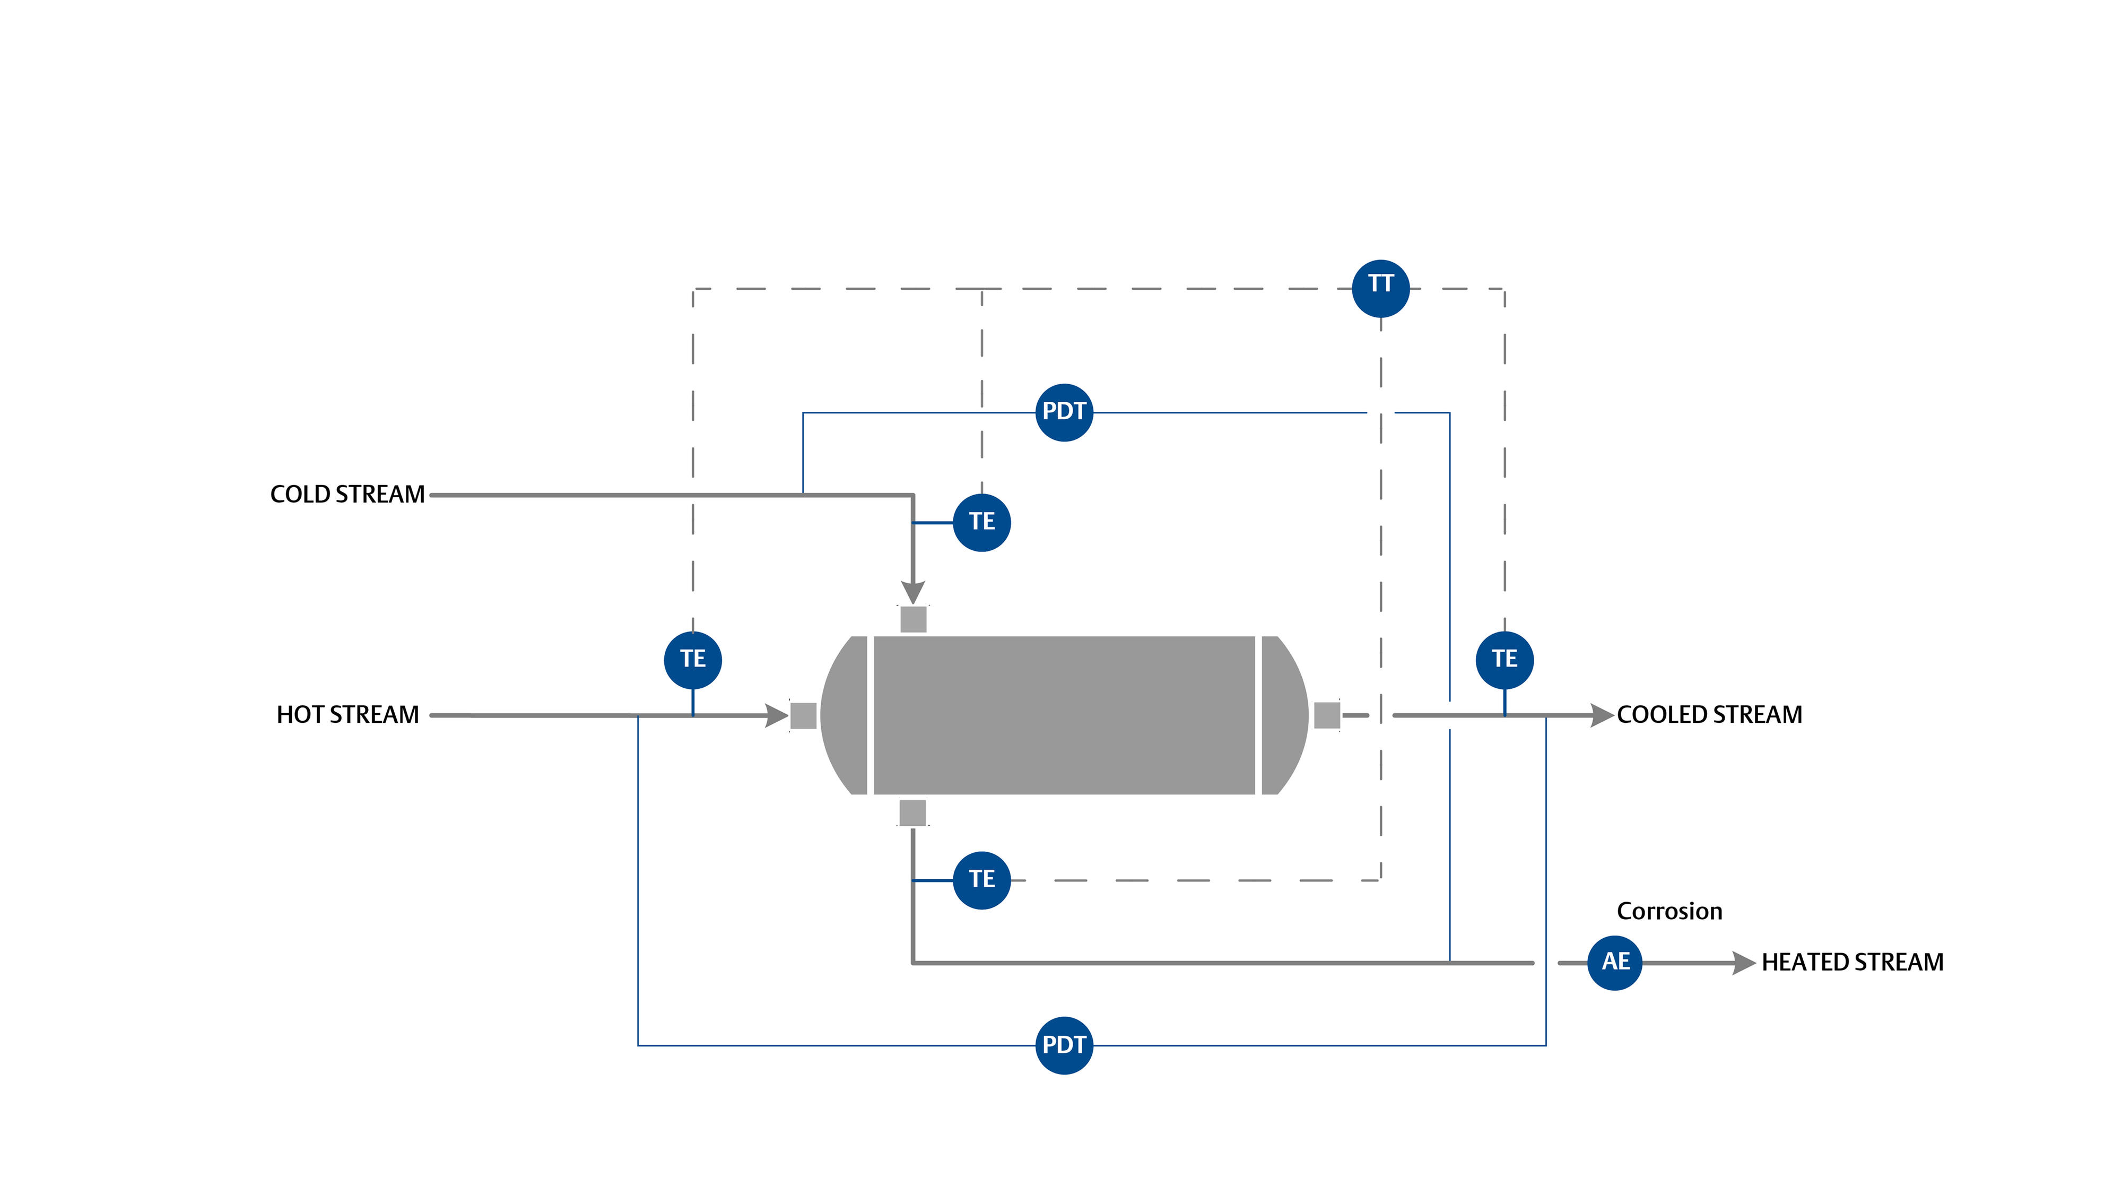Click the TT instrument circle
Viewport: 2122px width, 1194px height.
[1380, 288]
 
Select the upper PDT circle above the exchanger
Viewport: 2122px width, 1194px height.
[1064, 412]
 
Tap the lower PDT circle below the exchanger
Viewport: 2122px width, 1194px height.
[1064, 1045]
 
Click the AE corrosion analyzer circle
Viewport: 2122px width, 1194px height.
[1614, 962]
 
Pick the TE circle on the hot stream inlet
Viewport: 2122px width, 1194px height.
[693, 659]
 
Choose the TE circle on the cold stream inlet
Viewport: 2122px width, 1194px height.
[981, 522]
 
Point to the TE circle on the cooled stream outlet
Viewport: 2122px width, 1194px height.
[1504, 659]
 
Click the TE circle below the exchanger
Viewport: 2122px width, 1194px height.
[981, 879]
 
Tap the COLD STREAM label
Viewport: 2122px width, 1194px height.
[347, 495]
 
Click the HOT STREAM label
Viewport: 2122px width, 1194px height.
[347, 714]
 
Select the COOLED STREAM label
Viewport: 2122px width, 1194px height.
[1709, 714]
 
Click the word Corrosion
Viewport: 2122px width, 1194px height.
[1669, 911]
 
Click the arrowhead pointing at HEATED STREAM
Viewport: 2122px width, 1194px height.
[1744, 963]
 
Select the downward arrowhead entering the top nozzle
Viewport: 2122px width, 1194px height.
[912, 592]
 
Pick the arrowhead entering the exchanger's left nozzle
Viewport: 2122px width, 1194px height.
[776, 715]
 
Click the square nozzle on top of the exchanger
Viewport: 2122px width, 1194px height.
[912, 619]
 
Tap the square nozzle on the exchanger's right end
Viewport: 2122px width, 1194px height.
[1326, 715]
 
